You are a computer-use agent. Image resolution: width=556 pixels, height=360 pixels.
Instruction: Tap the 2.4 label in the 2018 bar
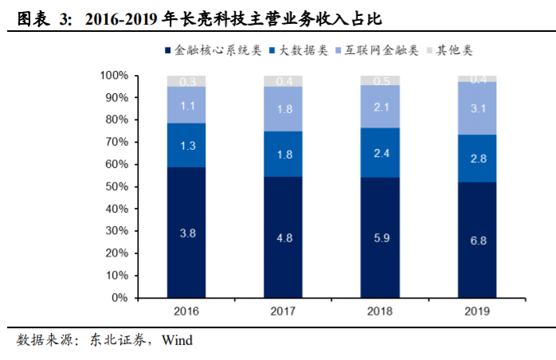click(380, 152)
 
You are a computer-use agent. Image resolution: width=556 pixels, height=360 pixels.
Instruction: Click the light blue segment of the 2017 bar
click(284, 108)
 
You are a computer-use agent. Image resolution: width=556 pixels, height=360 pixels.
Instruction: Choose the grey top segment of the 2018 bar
click(380, 80)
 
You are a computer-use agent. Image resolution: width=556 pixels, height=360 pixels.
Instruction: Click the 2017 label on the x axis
click(284, 311)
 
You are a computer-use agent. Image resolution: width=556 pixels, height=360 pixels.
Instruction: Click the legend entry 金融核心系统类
click(214, 50)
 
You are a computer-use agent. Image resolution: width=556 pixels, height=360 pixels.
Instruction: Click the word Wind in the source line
click(177, 340)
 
